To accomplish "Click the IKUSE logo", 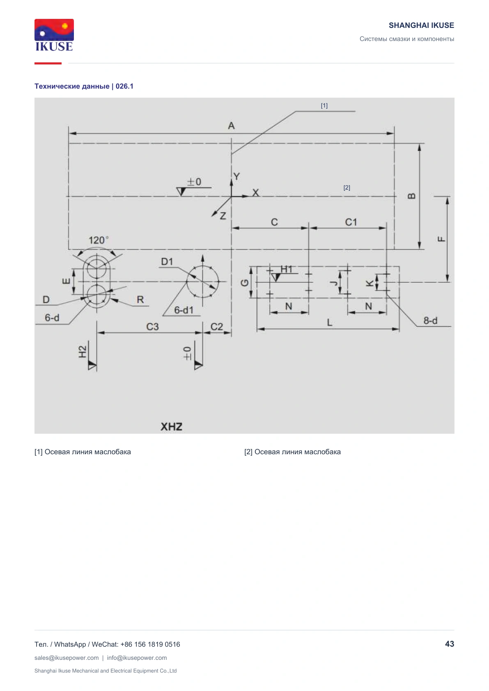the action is (54, 35).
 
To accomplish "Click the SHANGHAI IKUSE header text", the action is (421, 25).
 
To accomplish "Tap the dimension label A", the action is (231, 126).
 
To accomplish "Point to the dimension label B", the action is (411, 196).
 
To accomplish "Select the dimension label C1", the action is (351, 222).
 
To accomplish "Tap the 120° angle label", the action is (99, 240).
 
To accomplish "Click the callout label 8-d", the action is (430, 321).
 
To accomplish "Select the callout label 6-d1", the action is (184, 310).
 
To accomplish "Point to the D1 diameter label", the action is (167, 262).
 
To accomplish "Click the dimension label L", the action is (329, 323).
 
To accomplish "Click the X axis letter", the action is (255, 193).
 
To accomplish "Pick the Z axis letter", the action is (223, 215).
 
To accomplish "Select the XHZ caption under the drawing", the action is (171, 427).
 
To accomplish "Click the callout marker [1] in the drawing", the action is (324, 105).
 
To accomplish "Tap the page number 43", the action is (450, 644).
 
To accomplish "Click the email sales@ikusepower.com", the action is (67, 658).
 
